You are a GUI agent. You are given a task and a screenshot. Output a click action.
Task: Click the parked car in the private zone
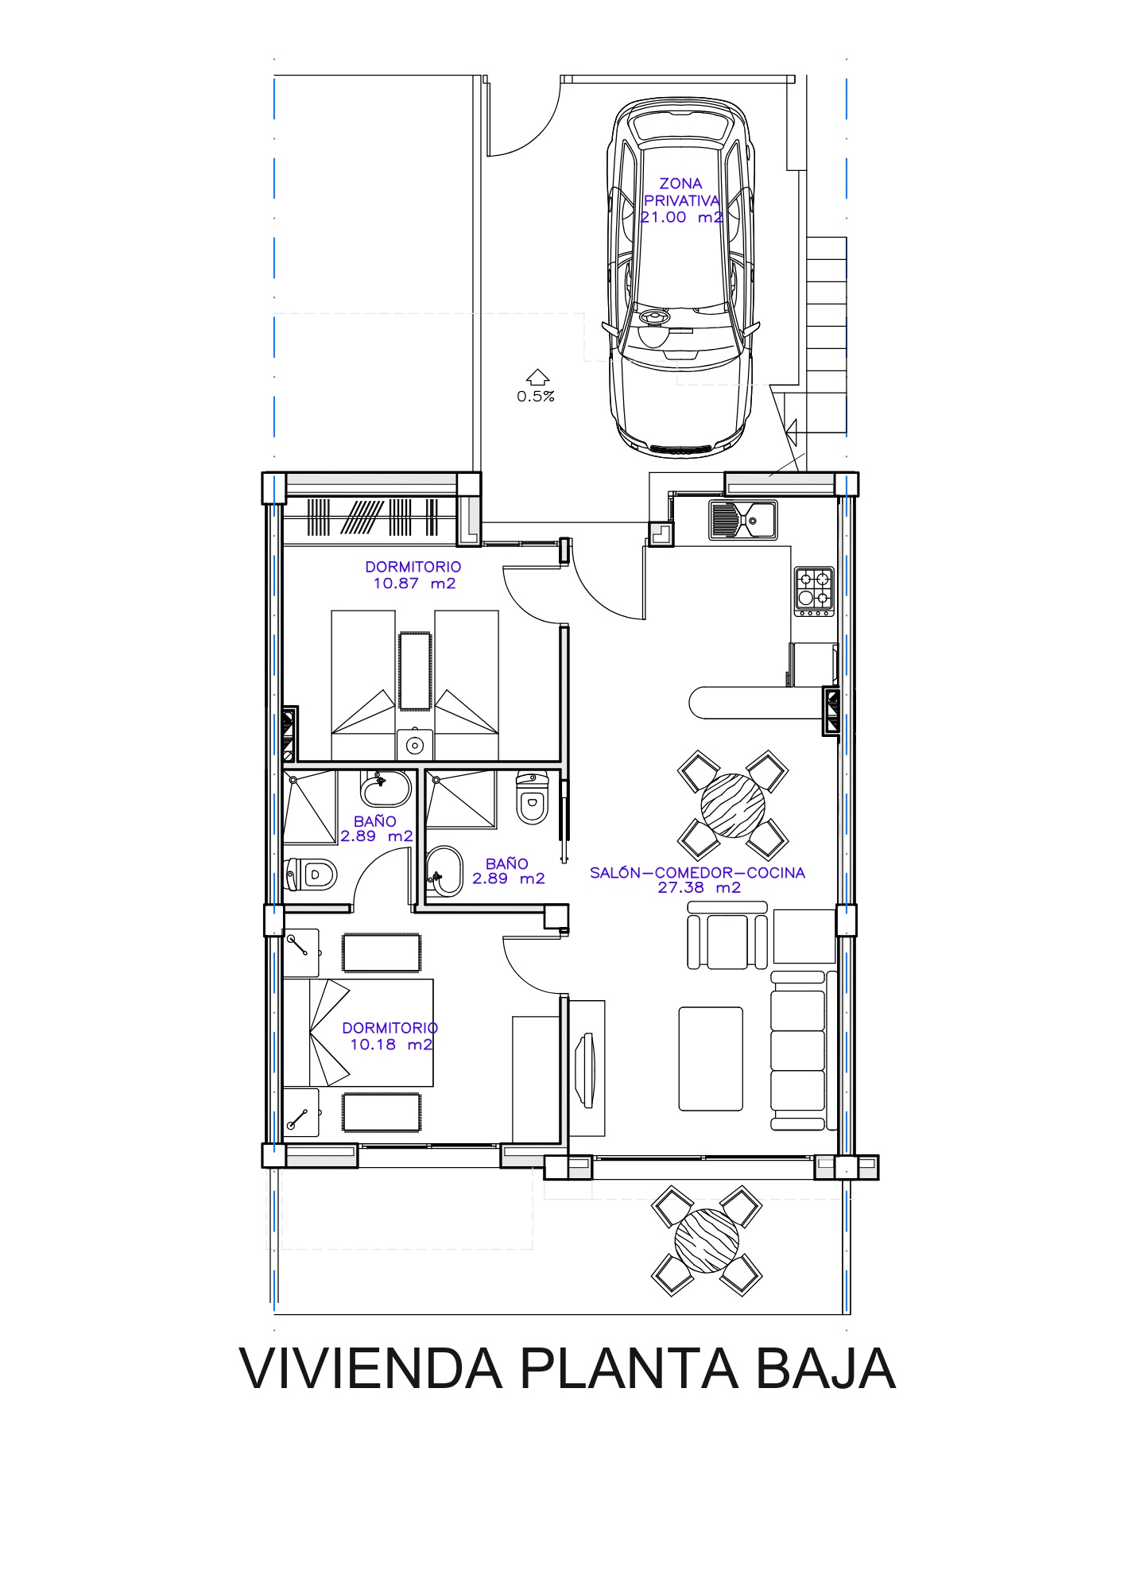pyautogui.click(x=680, y=277)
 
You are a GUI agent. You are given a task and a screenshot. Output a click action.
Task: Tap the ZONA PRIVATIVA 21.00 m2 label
pyautogui.click(x=681, y=200)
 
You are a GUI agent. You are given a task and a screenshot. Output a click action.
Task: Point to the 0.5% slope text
pyautogui.click(x=536, y=397)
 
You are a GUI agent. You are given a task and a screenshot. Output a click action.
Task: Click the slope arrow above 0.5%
pyautogui.click(x=538, y=377)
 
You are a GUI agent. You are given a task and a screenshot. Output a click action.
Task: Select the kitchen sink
pyautogui.click(x=743, y=520)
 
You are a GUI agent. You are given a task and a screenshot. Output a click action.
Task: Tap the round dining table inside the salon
pyautogui.click(x=733, y=805)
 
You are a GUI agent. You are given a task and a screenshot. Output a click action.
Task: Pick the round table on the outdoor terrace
pyautogui.click(x=707, y=1241)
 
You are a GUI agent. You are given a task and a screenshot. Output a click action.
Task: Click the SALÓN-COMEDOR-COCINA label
pyautogui.click(x=697, y=873)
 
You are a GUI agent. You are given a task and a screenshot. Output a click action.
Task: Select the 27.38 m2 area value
pyautogui.click(x=699, y=888)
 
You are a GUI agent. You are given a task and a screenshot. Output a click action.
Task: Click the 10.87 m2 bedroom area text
pyautogui.click(x=414, y=584)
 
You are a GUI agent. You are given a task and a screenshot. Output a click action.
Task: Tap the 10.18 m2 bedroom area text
pyautogui.click(x=391, y=1045)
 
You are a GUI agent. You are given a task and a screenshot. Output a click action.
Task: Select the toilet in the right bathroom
pyautogui.click(x=532, y=797)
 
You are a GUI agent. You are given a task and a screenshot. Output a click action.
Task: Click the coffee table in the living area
pyautogui.click(x=711, y=1058)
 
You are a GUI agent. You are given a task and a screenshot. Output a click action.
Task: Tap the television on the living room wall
pyautogui.click(x=587, y=1069)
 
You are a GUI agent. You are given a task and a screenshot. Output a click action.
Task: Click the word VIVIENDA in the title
pyautogui.click(x=370, y=1368)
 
